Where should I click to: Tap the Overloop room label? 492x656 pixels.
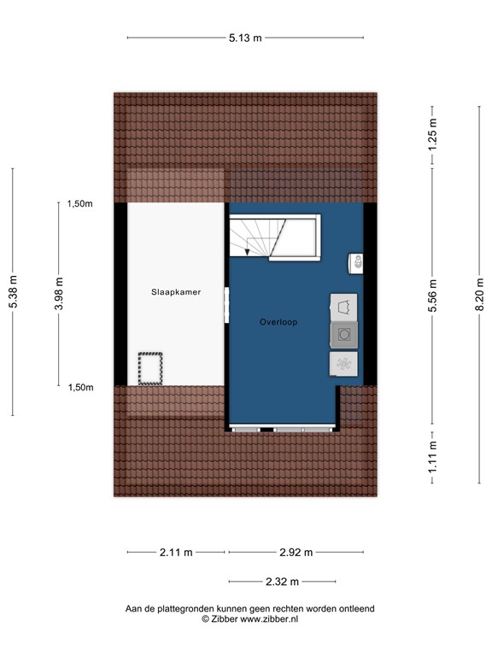click(278, 322)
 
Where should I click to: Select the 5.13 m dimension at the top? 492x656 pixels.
click(244, 38)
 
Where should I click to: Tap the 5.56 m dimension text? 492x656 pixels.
click(433, 296)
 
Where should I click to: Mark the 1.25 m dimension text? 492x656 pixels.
click(433, 137)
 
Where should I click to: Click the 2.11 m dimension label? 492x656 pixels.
click(176, 552)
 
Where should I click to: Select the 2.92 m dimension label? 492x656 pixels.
click(296, 552)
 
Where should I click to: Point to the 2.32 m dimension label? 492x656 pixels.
click(282, 582)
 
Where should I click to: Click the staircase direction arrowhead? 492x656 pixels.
click(248, 252)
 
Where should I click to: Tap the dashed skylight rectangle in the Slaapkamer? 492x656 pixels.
click(151, 368)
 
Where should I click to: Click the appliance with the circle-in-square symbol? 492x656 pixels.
click(344, 335)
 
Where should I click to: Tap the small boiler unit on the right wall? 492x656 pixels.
click(356, 262)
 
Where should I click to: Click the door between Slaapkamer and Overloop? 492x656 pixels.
click(227, 305)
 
